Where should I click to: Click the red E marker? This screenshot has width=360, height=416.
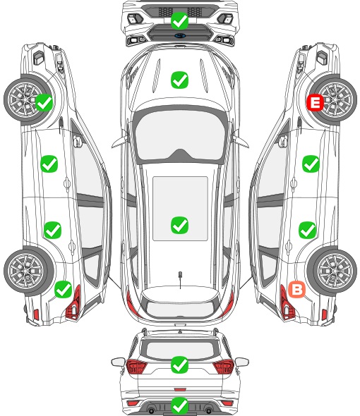click(315, 103)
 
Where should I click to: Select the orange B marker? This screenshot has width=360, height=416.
click(296, 289)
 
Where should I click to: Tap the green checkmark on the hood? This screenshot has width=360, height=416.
click(179, 80)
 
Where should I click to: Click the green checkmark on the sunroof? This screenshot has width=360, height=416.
click(179, 225)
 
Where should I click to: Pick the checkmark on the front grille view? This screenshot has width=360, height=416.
click(179, 20)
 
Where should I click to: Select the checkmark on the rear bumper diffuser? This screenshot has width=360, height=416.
click(179, 405)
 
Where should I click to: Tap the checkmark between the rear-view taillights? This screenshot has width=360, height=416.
click(179, 365)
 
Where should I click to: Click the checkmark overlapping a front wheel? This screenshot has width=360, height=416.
click(44, 103)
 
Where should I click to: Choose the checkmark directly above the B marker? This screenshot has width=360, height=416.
click(307, 230)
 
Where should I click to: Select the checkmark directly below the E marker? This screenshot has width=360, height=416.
click(311, 164)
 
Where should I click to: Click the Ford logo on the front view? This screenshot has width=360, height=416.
click(180, 35)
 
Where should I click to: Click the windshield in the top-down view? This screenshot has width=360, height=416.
click(180, 135)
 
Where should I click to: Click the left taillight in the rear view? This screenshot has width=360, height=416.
click(136, 367)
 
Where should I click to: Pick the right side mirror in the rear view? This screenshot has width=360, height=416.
click(242, 362)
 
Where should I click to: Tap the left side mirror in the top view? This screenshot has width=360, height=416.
click(119, 140)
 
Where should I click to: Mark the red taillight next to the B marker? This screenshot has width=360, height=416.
click(287, 302)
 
